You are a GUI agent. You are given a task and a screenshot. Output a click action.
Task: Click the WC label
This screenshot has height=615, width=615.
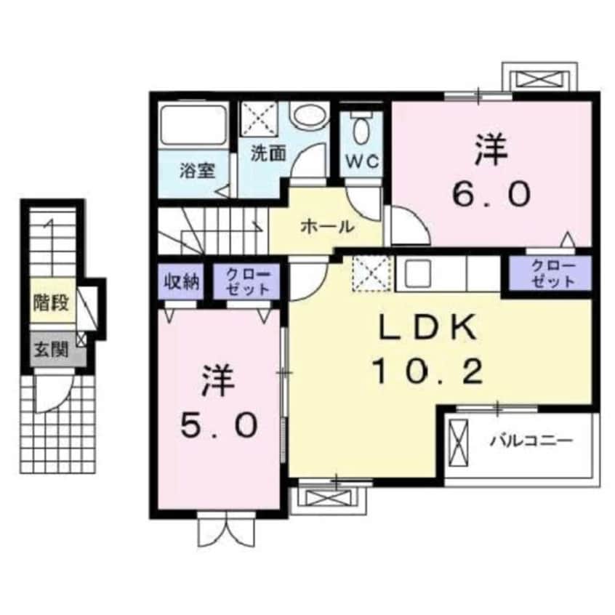click(362, 161)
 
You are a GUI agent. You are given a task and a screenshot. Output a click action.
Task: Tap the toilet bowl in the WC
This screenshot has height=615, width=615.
click(361, 129)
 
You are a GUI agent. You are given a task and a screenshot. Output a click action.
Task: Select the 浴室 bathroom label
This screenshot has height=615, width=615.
click(197, 171)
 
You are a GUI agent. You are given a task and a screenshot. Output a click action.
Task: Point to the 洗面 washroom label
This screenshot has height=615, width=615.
click(268, 153)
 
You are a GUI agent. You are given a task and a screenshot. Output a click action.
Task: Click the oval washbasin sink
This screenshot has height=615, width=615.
click(310, 116)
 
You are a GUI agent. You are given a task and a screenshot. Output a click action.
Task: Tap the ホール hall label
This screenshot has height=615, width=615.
click(327, 226)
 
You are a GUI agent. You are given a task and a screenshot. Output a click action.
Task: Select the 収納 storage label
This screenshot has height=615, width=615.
click(182, 281)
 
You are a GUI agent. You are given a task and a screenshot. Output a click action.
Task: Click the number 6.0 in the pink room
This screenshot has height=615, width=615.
click(491, 195)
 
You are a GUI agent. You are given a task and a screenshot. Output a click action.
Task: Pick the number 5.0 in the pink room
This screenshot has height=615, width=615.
click(219, 425)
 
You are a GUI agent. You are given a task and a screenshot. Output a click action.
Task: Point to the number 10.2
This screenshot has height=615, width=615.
click(428, 371)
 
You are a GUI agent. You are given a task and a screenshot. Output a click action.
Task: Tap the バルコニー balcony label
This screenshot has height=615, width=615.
click(531, 441)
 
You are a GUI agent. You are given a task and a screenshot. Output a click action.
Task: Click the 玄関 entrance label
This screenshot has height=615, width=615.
click(52, 350)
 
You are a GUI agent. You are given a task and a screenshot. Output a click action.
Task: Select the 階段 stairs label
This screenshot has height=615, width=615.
click(52, 303)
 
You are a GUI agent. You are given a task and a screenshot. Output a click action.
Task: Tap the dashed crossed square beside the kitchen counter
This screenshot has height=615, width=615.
click(371, 273)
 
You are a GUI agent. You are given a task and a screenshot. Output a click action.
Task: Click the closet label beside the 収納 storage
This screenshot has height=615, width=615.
click(248, 282)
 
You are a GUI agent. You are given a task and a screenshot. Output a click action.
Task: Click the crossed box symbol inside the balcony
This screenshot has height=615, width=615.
click(458, 443)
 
